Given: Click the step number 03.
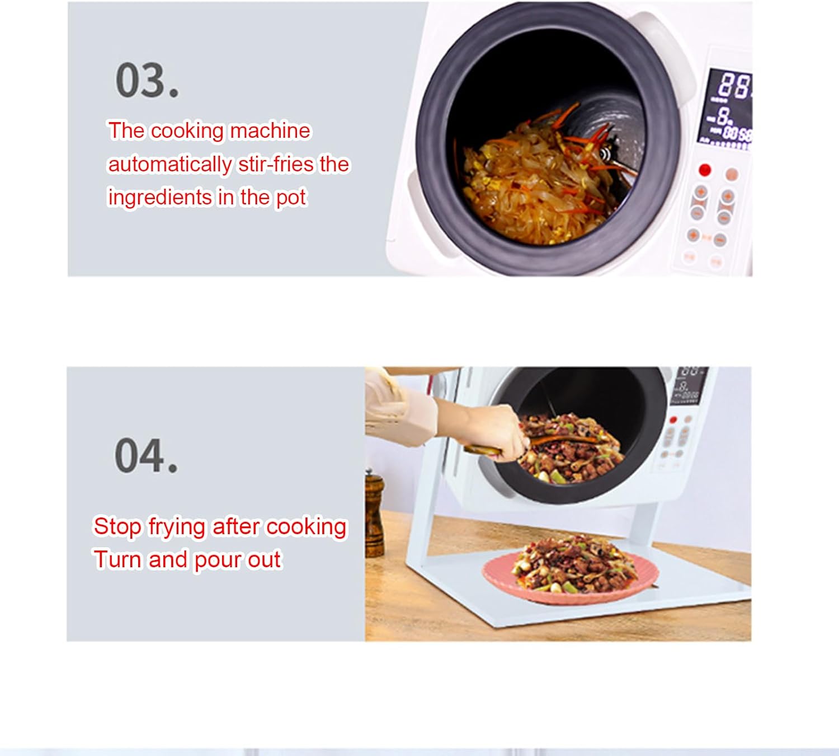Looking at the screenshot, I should coord(147,81).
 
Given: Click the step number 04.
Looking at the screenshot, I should coord(146,456).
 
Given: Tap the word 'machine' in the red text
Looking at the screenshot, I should coord(270,130).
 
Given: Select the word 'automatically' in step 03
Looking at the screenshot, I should coord(169,165).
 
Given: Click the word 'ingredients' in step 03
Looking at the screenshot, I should coord(160,198).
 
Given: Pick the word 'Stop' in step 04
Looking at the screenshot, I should coord(117,526).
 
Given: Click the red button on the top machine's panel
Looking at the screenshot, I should coord(705,170).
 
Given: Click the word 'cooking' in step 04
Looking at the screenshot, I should coord(306,526).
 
